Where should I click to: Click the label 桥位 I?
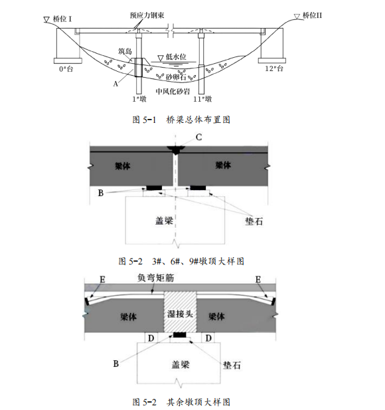(62, 19)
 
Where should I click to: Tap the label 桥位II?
(313, 15)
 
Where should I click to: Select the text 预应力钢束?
(147, 15)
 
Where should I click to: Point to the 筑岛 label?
(125, 51)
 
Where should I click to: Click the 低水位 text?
(176, 56)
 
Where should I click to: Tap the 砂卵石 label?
(176, 77)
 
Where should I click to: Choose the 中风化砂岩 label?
(173, 91)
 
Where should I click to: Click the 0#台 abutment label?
(66, 69)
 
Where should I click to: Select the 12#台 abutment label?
(274, 68)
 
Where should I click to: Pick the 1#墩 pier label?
(139, 99)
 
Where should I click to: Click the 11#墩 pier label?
(202, 99)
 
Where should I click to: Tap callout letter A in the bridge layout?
(116, 84)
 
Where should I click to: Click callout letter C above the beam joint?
(198, 138)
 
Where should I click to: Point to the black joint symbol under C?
(176, 150)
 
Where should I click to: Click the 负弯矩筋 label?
(156, 278)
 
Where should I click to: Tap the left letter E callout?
(102, 280)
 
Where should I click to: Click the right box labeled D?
(208, 338)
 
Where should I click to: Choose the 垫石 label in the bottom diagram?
(232, 365)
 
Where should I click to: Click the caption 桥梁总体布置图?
(198, 120)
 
